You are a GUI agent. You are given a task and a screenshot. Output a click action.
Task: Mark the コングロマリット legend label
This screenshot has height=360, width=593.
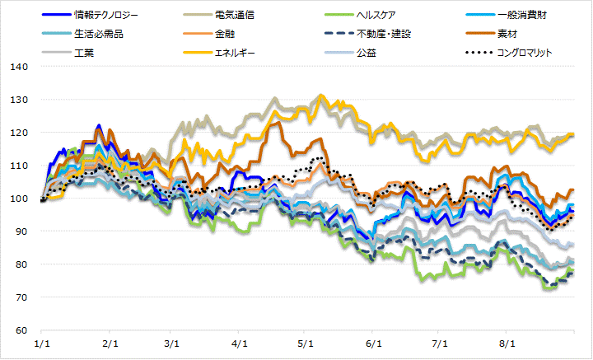click(523, 53)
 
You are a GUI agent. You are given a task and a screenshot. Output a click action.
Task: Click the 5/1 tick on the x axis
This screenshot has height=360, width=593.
click(306, 343)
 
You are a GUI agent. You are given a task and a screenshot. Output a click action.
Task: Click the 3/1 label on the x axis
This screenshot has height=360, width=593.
click(171, 343)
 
